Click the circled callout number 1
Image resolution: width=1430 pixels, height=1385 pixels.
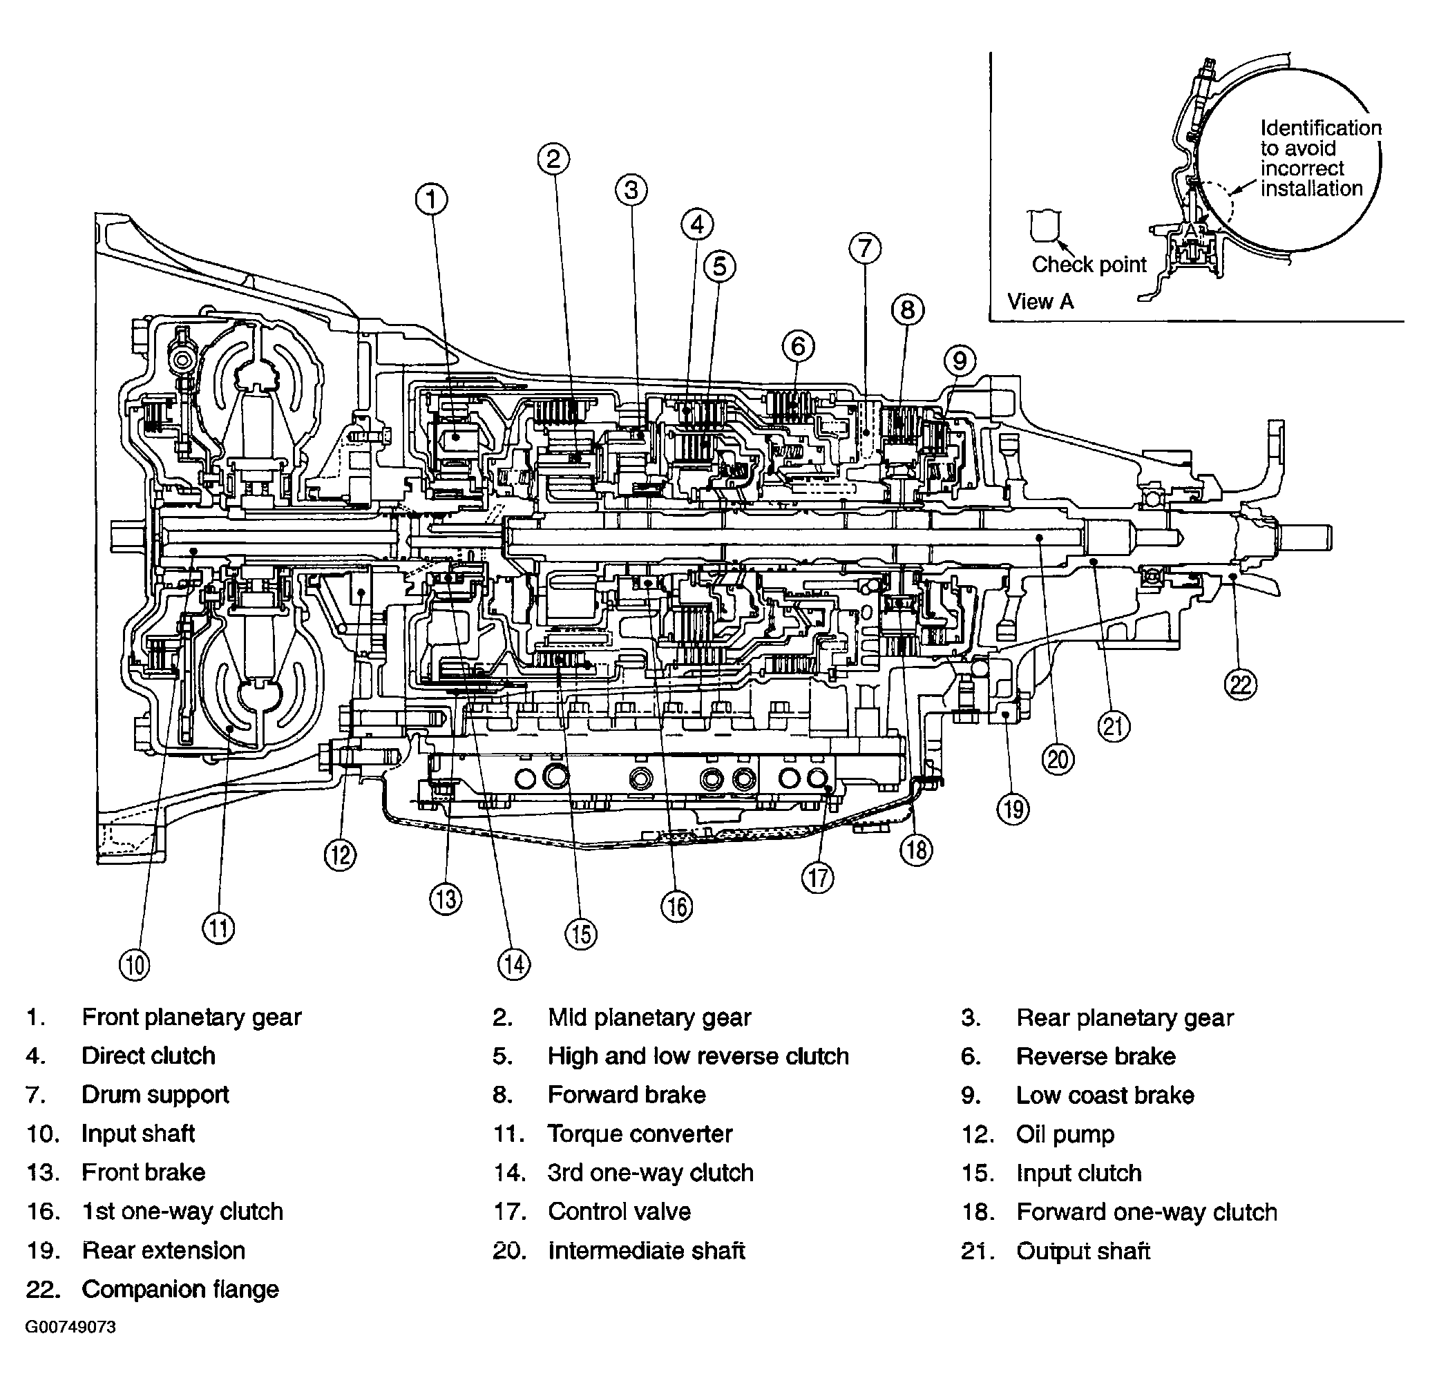point(432,199)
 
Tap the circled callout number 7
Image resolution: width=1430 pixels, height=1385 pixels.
point(865,249)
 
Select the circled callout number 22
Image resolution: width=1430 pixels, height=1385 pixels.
point(1241,685)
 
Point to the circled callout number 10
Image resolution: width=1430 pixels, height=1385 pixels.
point(134,966)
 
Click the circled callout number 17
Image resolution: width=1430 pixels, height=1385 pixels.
point(818,878)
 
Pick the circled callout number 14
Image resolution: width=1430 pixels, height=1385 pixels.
point(514,965)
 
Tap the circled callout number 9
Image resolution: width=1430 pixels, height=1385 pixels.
point(960,361)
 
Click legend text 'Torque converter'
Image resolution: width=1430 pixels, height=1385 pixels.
point(639,1134)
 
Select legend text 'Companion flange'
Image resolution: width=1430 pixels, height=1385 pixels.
point(180,1290)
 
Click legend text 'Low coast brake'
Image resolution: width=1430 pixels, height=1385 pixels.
point(1105,1096)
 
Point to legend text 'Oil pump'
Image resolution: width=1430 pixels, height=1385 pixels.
point(1065,1134)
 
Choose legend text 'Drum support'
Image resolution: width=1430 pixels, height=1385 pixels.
point(155,1095)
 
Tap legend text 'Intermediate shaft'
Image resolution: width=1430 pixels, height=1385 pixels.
point(646,1251)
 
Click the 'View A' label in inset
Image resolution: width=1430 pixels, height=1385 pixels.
point(1040,301)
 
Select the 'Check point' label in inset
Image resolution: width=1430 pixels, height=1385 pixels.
point(1089,264)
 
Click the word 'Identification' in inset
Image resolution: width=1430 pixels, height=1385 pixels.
point(1321,128)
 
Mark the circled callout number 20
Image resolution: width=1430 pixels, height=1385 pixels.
point(1058,761)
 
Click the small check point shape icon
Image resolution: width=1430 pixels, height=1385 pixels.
point(1044,225)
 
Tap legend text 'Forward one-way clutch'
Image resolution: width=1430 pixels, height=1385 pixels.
point(1146,1212)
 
